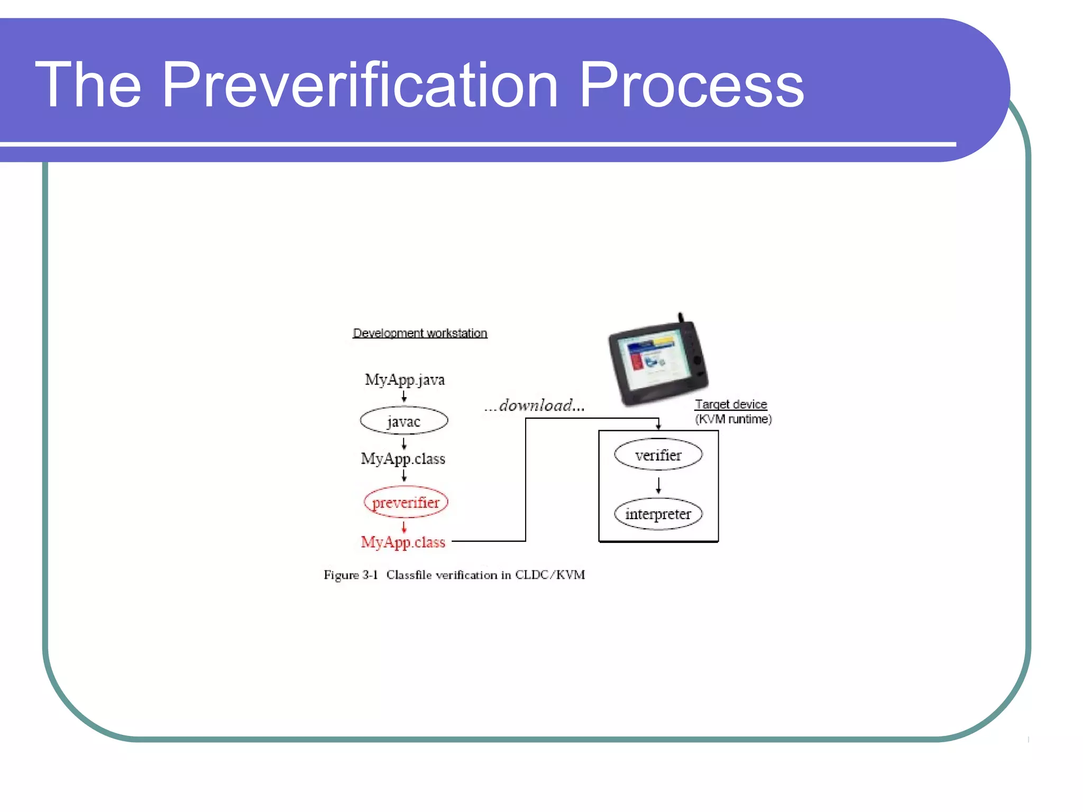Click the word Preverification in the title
pos(360,85)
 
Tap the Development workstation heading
pos(420,333)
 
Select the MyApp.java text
pos(405,380)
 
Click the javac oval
pos(404,421)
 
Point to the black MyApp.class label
pos(403,458)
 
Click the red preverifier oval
pos(406,502)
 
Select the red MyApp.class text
pos(403,542)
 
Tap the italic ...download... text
pos(534,405)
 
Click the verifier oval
pos(658,455)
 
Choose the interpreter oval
pos(658,514)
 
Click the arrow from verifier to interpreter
pos(658,485)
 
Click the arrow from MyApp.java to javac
pos(404,396)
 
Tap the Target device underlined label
pos(731,404)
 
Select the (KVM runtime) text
pos(733,419)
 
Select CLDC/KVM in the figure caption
pos(550,575)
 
